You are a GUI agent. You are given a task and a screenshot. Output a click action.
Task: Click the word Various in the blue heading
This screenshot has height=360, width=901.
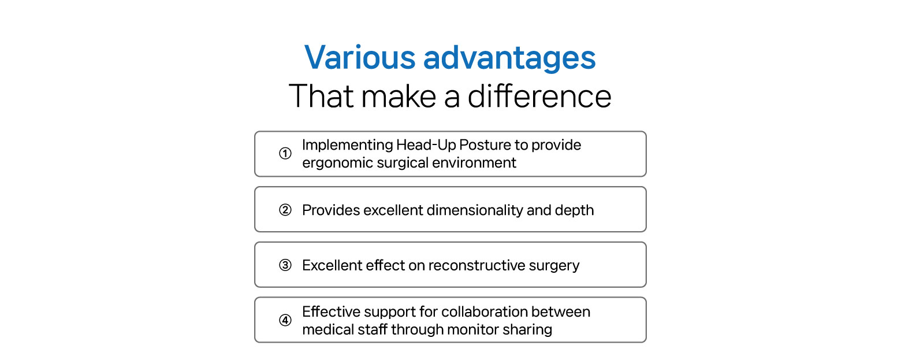(x=360, y=57)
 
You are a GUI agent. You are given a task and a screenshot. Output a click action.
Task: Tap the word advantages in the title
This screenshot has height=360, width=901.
(x=509, y=59)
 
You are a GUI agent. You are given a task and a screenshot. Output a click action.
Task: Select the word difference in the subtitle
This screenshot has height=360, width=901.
(x=539, y=96)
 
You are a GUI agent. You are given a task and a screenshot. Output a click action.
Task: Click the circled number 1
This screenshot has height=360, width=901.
(x=285, y=153)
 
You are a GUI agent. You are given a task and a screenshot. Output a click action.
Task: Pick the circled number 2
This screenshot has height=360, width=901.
(x=285, y=210)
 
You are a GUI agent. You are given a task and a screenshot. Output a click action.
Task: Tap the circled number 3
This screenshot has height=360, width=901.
(x=285, y=265)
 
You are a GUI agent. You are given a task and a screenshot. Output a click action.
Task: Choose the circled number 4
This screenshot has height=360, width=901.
(x=285, y=320)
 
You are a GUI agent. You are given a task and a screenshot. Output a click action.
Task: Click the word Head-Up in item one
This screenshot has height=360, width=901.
(x=426, y=145)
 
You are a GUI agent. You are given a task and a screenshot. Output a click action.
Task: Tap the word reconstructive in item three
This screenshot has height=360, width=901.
(x=476, y=265)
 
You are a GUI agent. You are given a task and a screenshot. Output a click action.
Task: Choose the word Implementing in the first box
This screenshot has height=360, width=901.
(x=347, y=145)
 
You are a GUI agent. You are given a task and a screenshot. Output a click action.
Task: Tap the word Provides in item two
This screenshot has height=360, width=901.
(x=330, y=210)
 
